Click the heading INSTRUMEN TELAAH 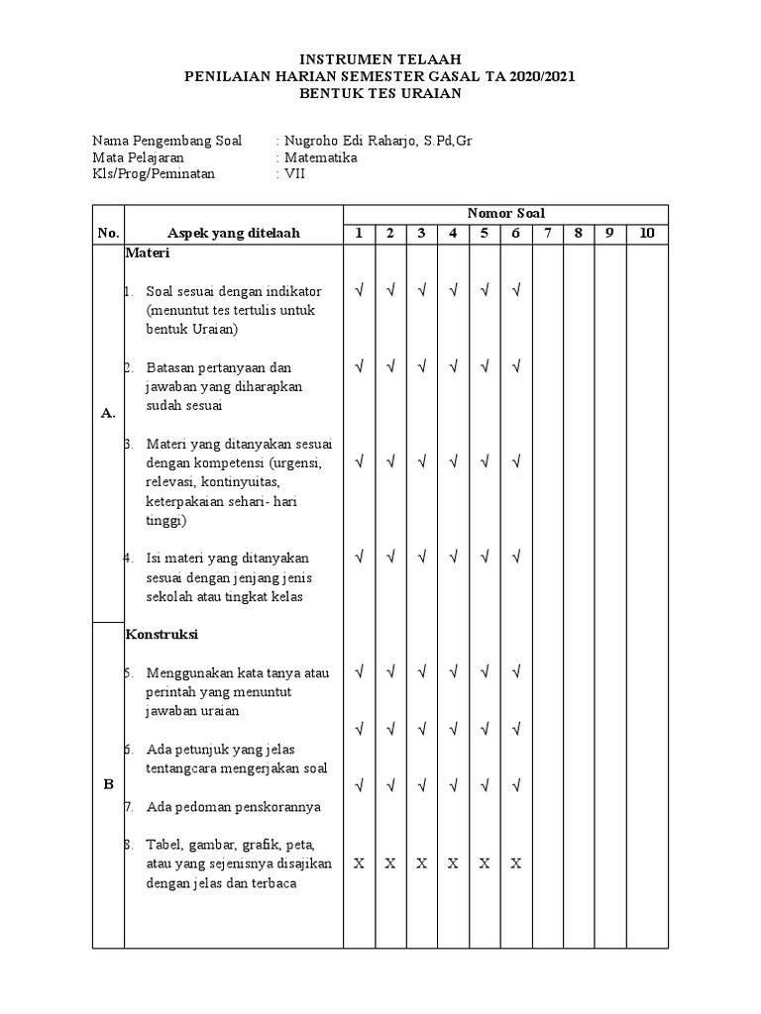pyautogui.click(x=380, y=60)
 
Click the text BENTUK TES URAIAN pyautogui.click(x=380, y=93)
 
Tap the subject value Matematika pyautogui.click(x=321, y=157)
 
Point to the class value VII pyautogui.click(x=295, y=174)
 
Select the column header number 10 pyautogui.click(x=647, y=234)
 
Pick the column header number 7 pyautogui.click(x=547, y=234)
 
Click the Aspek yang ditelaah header pyautogui.click(x=234, y=234)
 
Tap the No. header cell pyautogui.click(x=108, y=234)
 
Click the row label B pyautogui.click(x=108, y=784)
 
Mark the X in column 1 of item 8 pyautogui.click(x=359, y=863)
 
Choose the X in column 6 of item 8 pyautogui.click(x=516, y=863)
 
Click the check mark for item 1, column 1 pyautogui.click(x=359, y=291)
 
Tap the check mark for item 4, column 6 pyautogui.click(x=516, y=558)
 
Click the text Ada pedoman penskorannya pyautogui.click(x=233, y=807)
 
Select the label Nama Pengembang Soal pyautogui.click(x=166, y=141)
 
